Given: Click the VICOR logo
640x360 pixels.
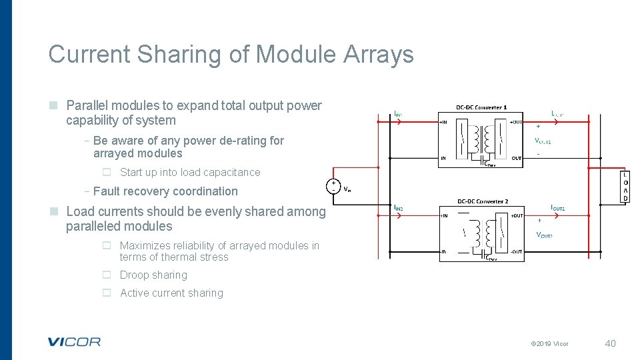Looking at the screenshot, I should pos(74,342).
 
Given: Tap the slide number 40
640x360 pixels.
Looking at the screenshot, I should pos(610,343).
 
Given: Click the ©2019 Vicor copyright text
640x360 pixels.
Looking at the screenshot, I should pos(549,344).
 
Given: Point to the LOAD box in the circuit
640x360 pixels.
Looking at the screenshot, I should pos(625,187).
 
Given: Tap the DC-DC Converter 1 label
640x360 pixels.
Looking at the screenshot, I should pos(481,107).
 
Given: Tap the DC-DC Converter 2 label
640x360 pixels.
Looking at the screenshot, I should pos(482,201).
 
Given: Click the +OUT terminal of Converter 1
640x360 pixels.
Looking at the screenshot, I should pos(515,122).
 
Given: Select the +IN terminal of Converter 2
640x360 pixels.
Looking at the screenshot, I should pos(445,216).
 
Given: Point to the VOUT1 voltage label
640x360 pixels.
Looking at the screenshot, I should pos(543,141).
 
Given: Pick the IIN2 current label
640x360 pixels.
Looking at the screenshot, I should pos(398,209).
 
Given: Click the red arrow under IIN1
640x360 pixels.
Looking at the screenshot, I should pos(398,122).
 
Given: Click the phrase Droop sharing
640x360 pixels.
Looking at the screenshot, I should pos(153,275).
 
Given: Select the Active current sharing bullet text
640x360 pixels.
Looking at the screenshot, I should pos(171,293).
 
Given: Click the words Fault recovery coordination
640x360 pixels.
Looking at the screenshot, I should pos(165,191).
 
